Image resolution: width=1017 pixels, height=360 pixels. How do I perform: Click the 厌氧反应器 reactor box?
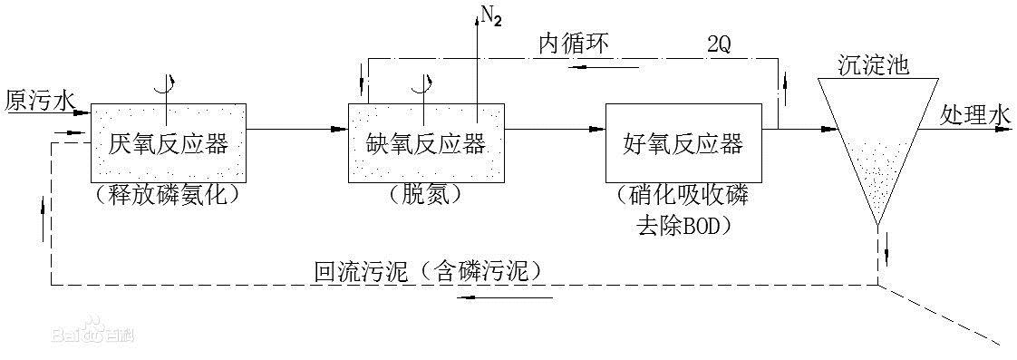tap(168, 142)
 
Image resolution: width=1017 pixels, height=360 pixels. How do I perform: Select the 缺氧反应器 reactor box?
tap(425, 142)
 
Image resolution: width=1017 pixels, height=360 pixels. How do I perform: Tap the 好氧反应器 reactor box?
tap(683, 142)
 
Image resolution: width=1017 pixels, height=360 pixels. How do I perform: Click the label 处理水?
tap(973, 115)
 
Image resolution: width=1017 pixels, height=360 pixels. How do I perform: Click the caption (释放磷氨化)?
tap(167, 194)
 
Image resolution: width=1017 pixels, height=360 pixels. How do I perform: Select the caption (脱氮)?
tap(423, 194)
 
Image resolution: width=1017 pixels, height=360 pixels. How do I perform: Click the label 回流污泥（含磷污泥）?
tap(427, 270)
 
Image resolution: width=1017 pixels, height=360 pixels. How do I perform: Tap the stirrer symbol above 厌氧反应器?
tap(166, 86)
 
